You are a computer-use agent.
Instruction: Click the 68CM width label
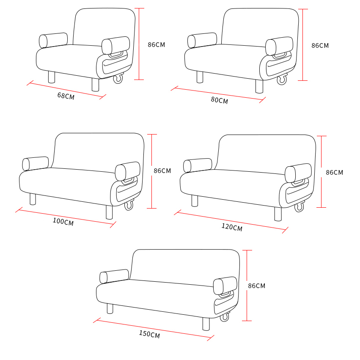pos(66,96)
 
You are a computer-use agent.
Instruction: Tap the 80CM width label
pos(219,100)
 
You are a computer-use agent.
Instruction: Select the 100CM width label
pos(63,222)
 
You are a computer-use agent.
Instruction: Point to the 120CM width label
pos(232,227)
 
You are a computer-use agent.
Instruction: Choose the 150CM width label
pos(149,334)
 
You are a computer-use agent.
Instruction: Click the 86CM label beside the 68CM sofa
pos(157,44)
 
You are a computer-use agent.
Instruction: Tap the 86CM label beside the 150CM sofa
pos(256,286)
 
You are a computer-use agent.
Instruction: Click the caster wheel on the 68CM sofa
pos(118,78)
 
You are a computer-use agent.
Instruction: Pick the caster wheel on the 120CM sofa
pos(299,207)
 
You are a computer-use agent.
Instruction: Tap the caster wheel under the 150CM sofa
pos(225,317)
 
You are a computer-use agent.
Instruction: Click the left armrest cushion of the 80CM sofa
pos(202,40)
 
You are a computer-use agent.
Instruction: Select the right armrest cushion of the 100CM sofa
pos(127,171)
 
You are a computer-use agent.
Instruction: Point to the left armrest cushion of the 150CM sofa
pos(114,276)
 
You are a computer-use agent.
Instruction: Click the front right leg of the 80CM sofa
pos(259,86)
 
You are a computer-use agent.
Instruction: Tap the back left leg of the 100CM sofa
pos(33,199)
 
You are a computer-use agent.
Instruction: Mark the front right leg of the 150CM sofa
pos(206,324)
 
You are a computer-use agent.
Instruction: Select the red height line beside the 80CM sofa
pos(303,45)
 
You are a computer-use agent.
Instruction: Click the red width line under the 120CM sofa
pos(231,221)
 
